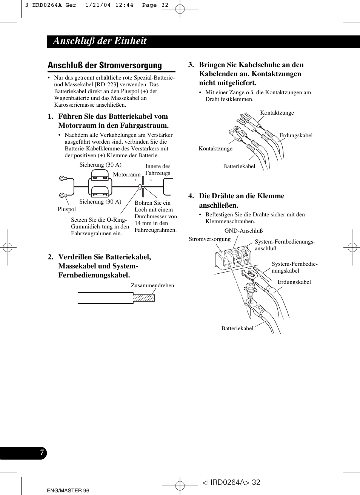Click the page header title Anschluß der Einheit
(x=100, y=41)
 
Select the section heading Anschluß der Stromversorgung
(x=105, y=65)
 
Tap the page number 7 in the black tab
(x=42, y=452)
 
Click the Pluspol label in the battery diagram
(x=66, y=209)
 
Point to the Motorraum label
(x=126, y=175)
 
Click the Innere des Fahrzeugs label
(x=158, y=170)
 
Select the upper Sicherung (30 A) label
(x=100, y=165)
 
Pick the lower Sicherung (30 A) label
(x=100, y=202)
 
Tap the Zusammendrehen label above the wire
(x=152, y=285)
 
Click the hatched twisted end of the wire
(x=144, y=298)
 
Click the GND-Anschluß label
(x=243, y=231)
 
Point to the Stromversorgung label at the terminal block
(x=209, y=239)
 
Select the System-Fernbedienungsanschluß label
(x=285, y=245)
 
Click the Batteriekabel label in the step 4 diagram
(x=237, y=328)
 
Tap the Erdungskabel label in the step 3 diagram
(x=296, y=135)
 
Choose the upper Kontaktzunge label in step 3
(x=277, y=113)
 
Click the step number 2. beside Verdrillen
(x=51, y=257)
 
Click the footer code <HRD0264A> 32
(x=231, y=482)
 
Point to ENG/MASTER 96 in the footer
(x=68, y=490)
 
